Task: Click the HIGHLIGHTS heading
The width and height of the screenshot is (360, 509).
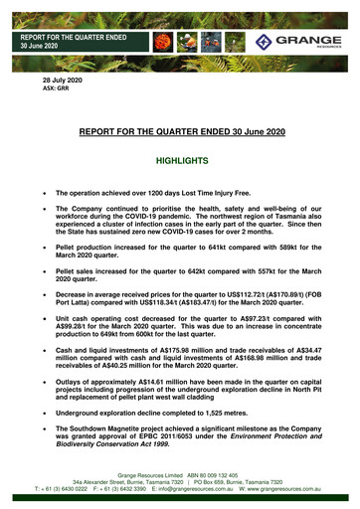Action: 179,159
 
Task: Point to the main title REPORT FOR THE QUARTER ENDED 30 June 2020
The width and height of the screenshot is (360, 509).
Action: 179,130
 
